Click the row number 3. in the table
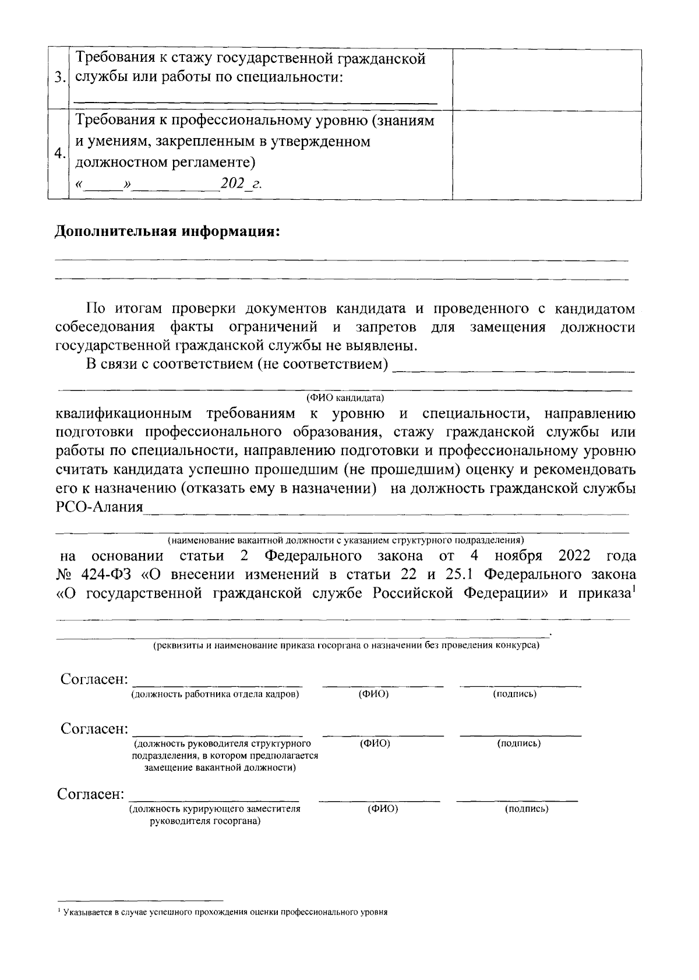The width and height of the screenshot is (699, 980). [x=58, y=78]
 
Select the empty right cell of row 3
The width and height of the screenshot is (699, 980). [x=546, y=79]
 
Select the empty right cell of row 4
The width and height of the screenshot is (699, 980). [x=546, y=154]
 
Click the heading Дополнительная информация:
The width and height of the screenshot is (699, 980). [x=168, y=232]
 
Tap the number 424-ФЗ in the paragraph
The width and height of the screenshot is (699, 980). [x=104, y=574]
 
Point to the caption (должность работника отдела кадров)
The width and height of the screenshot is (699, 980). [x=216, y=694]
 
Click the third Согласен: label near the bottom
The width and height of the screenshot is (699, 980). [x=91, y=794]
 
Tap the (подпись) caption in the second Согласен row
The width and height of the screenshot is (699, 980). [x=519, y=744]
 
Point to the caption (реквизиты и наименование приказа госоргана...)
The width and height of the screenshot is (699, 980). [x=346, y=646]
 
